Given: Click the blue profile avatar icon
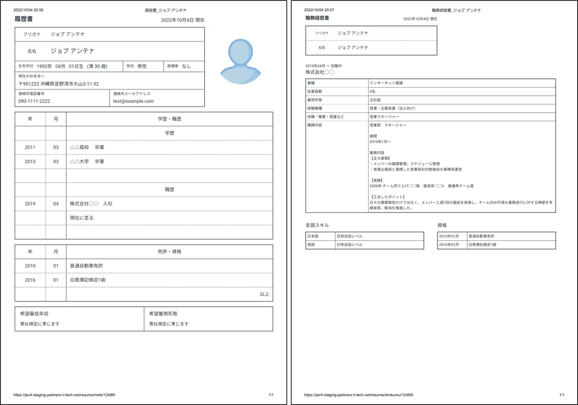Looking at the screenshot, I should (240, 61).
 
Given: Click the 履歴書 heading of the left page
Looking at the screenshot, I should (23, 19).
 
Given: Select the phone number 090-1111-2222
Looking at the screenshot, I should (34, 101).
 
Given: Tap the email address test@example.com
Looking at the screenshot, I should (133, 101).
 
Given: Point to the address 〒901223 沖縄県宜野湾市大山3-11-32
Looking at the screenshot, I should (58, 84).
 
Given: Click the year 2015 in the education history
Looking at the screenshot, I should (30, 161).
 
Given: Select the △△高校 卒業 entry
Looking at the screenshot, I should (87, 147).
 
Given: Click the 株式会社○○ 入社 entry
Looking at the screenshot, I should (91, 204).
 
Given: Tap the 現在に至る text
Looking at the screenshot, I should (82, 218).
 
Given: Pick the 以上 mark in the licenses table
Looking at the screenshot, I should (264, 294).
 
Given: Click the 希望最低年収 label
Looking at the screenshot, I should (34, 313).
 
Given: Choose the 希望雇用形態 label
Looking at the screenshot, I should (163, 313).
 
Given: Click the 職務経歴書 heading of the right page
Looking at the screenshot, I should (317, 18).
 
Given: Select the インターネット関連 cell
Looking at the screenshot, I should (386, 83).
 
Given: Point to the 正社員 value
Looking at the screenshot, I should (375, 100).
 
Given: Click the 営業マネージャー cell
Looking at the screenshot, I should (384, 117).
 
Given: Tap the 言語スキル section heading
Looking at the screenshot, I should (317, 225).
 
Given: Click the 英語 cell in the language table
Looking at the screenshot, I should (311, 245).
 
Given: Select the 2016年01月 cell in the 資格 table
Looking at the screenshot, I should (449, 245).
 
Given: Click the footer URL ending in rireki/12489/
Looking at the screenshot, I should (64, 395).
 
